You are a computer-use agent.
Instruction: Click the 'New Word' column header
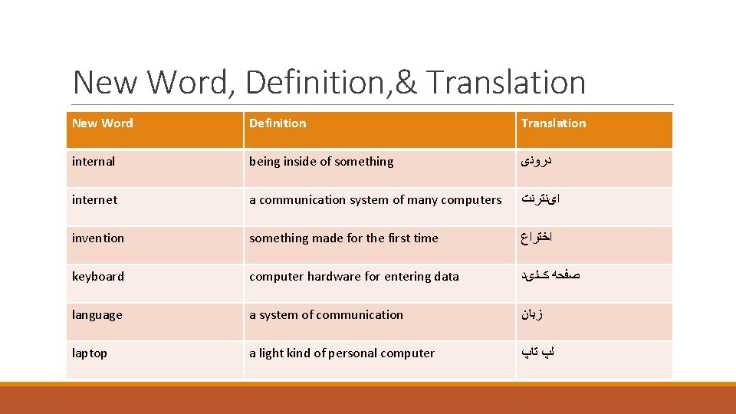click(x=102, y=123)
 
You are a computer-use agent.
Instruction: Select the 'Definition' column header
click(x=278, y=123)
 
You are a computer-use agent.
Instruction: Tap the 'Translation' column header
click(x=554, y=123)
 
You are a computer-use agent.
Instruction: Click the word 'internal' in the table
click(x=94, y=162)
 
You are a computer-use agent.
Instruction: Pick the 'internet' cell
click(x=95, y=200)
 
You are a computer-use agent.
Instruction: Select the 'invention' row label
click(x=98, y=238)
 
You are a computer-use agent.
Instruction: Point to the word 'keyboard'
click(x=98, y=277)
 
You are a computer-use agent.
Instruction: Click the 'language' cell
click(x=97, y=315)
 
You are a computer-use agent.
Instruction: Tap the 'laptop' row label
click(x=90, y=353)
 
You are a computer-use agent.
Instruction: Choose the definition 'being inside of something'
click(x=321, y=162)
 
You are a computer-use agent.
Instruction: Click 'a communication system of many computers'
click(x=376, y=200)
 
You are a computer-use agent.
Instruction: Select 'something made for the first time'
click(x=343, y=238)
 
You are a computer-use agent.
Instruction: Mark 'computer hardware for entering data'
click(x=354, y=277)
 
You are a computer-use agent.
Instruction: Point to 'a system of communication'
click(x=326, y=315)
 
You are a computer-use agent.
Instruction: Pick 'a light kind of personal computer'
click(x=342, y=353)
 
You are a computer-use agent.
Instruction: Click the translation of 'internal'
click(x=537, y=162)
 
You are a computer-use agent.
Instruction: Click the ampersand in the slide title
click(x=406, y=83)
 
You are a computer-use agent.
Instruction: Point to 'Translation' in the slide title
click(x=506, y=83)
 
